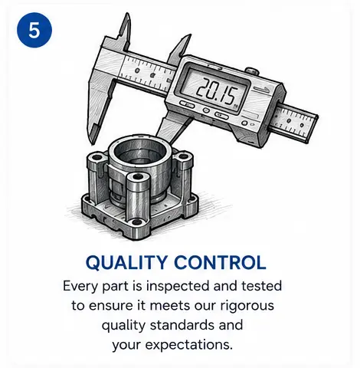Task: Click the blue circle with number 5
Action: click(x=34, y=30)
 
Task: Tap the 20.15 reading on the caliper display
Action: click(x=217, y=90)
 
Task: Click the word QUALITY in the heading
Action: click(x=126, y=263)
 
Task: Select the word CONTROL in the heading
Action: click(x=220, y=262)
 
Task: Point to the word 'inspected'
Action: click(x=178, y=287)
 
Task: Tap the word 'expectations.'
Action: click(x=188, y=346)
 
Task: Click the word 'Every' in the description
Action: click(x=80, y=287)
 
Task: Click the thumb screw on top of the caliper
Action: click(x=251, y=71)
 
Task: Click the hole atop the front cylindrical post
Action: click(x=138, y=176)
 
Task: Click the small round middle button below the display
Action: click(x=206, y=110)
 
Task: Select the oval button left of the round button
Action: click(x=187, y=104)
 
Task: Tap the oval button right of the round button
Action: click(x=221, y=115)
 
